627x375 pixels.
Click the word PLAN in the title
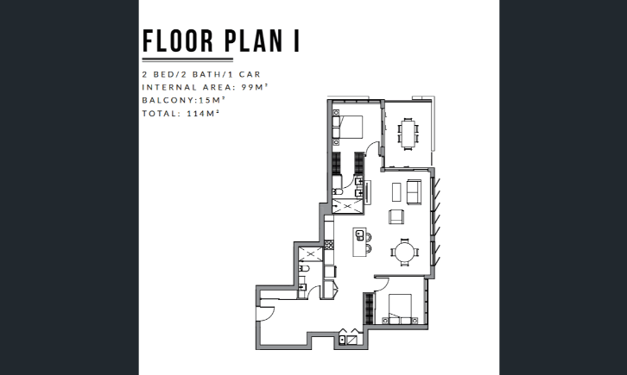254,41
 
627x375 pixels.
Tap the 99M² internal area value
254,87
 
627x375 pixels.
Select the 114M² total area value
203,113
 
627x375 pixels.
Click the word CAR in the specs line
250,74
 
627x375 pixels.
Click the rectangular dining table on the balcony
408,134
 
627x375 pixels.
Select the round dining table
405,252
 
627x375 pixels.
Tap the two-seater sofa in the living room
414,192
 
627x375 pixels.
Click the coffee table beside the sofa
396,192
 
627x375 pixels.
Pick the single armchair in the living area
396,216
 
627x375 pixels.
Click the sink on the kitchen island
360,235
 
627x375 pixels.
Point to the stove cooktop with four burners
329,245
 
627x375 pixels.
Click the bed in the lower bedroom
400,309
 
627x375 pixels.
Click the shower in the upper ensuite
347,206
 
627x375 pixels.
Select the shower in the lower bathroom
310,254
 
